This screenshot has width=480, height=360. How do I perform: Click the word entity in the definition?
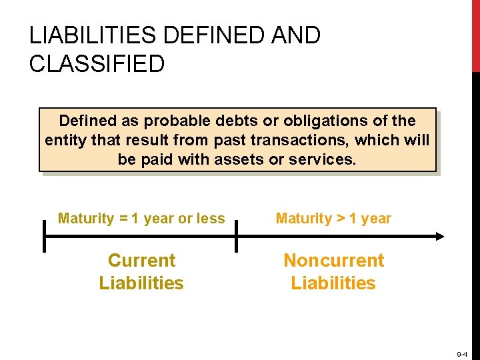point(65,141)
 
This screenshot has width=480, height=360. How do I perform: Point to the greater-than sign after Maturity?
point(341,219)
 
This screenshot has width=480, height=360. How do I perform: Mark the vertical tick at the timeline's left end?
point(44,236)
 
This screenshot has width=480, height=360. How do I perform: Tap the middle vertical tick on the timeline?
point(235,236)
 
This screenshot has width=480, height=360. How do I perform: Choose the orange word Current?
point(141,261)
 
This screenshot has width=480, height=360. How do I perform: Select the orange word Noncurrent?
point(333,261)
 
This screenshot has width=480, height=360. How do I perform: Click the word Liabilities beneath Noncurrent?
point(333,283)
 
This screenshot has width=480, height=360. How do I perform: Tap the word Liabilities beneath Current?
point(141,283)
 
